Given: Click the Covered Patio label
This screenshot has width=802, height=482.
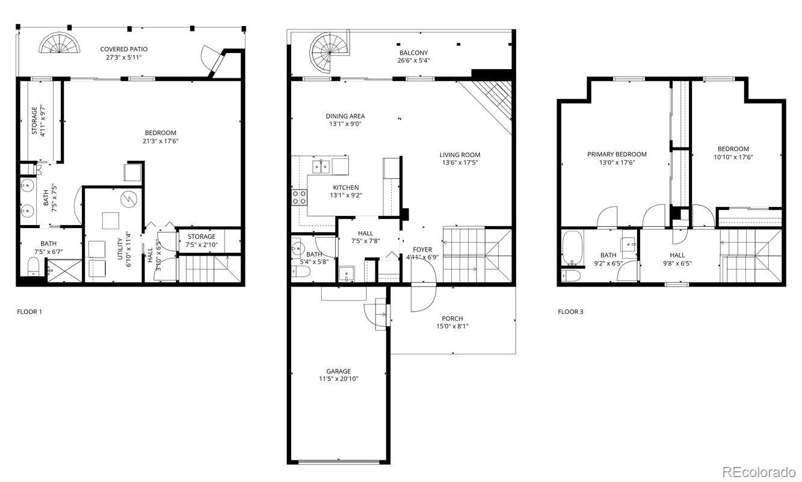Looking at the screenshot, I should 123,49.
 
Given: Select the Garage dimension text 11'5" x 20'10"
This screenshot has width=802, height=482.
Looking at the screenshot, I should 338,379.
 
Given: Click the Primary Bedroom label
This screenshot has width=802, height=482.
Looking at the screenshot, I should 617,155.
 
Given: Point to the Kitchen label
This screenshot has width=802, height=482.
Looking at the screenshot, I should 346,188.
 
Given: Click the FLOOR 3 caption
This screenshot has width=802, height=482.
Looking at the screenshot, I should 570,312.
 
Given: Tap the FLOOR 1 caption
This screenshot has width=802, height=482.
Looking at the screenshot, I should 29,312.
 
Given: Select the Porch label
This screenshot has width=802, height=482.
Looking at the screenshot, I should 452,319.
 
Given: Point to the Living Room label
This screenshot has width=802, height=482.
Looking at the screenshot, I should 460,155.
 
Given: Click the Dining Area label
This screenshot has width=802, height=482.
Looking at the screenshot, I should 345,116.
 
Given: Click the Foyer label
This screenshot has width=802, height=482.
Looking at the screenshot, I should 422,250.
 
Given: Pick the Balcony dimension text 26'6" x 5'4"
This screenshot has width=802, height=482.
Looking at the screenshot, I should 413,60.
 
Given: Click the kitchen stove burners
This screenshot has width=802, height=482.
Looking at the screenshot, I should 299,197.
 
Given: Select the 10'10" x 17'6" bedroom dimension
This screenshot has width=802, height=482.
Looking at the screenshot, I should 733,157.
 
